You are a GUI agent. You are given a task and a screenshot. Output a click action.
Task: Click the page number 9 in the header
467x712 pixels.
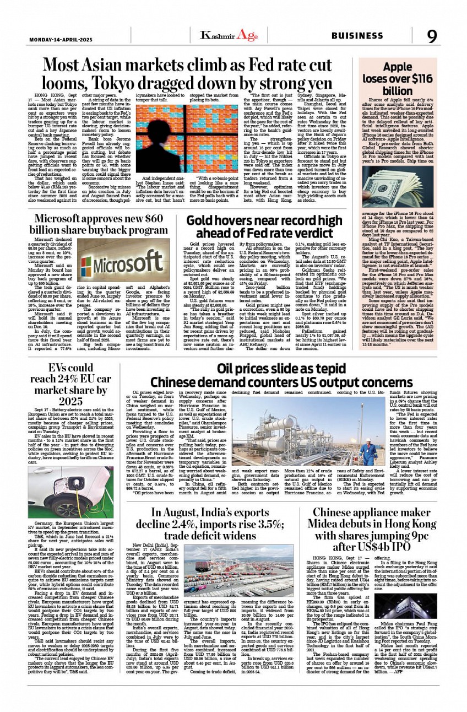[x=432, y=36]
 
